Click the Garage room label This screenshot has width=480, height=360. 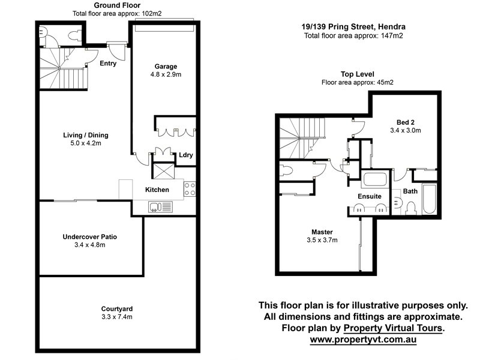tap(166, 67)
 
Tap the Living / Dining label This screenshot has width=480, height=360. tap(86, 135)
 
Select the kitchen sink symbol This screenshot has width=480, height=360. tap(160, 207)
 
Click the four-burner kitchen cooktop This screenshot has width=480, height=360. tap(190, 189)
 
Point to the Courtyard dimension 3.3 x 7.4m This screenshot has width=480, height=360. tap(117, 317)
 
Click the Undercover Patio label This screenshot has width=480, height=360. tap(89, 236)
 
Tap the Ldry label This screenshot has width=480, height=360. tap(186, 155)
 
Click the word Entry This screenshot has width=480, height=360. tap(108, 64)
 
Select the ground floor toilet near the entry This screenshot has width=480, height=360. tap(74, 35)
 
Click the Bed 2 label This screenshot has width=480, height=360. tap(406, 122)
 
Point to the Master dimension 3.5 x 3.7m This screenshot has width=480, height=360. tap(322, 240)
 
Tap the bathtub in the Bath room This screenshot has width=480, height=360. tap(429, 199)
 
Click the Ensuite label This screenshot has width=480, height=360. tap(370, 196)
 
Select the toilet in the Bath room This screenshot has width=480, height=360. tap(411, 208)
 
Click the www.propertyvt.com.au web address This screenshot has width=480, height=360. tap(363, 340)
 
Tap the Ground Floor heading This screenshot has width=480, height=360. tap(117, 5)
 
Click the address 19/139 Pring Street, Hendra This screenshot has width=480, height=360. tap(353, 26)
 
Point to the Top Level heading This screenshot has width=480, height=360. tap(358, 74)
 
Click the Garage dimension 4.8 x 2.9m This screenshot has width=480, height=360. tap(166, 74)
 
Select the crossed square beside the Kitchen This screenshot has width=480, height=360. tap(163, 171)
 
